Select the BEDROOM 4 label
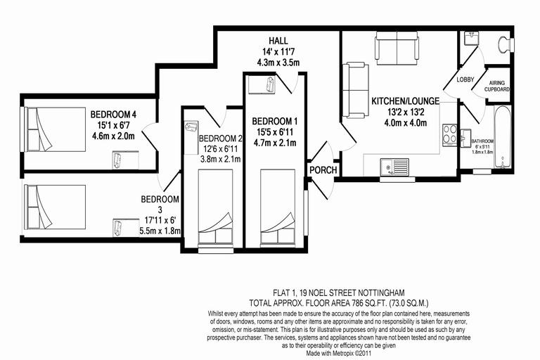112,114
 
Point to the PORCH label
323,170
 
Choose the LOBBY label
465,79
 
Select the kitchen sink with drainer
394,166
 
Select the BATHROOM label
483,141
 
